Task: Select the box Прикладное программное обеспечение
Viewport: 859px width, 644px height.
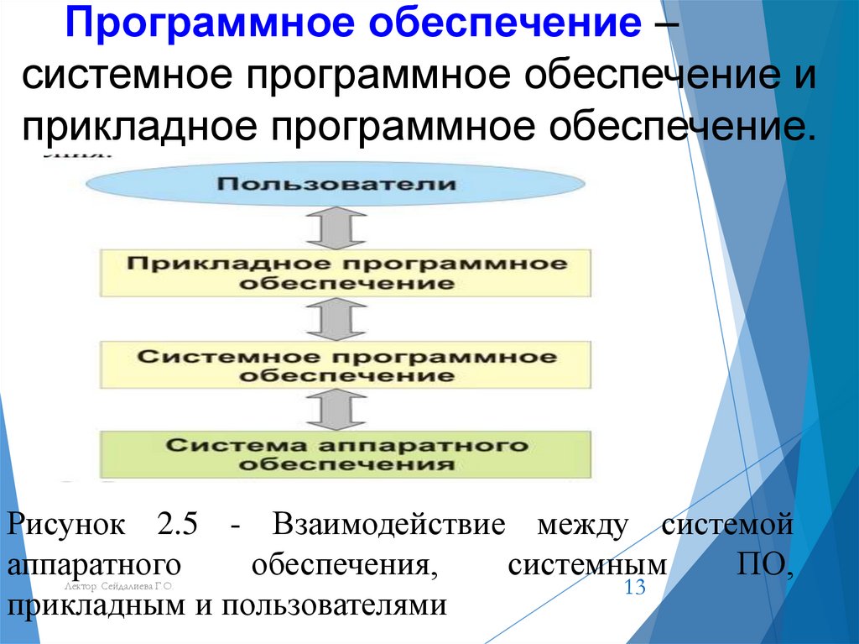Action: click(x=346, y=273)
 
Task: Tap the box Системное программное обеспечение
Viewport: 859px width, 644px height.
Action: click(x=346, y=366)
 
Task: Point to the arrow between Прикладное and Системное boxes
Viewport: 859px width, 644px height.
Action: click(x=335, y=319)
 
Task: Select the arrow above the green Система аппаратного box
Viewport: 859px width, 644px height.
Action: click(x=335, y=410)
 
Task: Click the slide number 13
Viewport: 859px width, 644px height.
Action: click(x=635, y=587)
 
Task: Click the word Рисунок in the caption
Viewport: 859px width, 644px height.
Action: click(x=67, y=526)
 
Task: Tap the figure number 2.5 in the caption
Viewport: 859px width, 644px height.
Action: click(x=175, y=526)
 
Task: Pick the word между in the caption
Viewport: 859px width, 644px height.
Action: click(x=583, y=526)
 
